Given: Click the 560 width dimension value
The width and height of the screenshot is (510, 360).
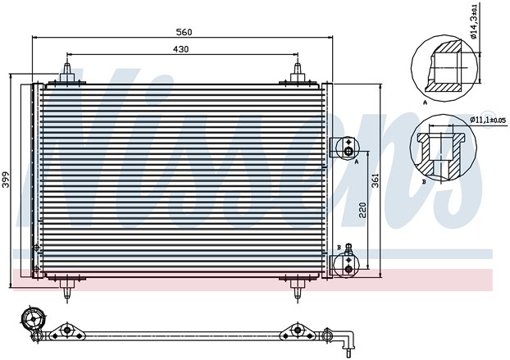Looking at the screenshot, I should (x=183, y=32).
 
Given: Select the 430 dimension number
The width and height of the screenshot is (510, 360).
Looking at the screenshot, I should (x=181, y=50).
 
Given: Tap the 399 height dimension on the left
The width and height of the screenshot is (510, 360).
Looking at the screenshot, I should (x=7, y=180).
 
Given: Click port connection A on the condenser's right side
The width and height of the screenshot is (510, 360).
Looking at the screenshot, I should (x=348, y=150).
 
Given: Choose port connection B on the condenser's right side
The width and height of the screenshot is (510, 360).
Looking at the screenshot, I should (x=348, y=262).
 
